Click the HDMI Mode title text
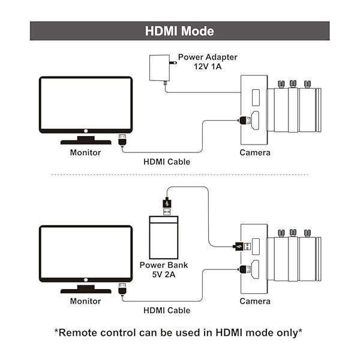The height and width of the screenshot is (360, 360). pos(179,31)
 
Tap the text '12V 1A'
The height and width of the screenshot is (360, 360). pos(208,66)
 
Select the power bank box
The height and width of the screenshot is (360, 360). pos(166,236)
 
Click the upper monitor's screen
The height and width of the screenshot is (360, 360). pos(85,103)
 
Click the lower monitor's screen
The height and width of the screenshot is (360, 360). pos(85,253)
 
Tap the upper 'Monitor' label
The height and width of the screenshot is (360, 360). pos(85,152)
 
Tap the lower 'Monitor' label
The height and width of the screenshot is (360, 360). pos(85,301)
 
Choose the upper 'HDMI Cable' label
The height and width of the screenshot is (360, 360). pos(167,161)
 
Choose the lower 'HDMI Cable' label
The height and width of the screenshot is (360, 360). pos(167,310)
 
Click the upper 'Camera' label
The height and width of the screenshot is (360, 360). pos(255,152)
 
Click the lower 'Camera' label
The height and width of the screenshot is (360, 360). pos(255,301)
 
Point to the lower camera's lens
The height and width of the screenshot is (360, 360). pos(294,258)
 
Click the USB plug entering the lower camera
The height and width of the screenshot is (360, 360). pos(238,245)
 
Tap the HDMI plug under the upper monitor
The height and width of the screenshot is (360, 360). pos(122,140)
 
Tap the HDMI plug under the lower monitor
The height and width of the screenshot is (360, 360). pos(122,289)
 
